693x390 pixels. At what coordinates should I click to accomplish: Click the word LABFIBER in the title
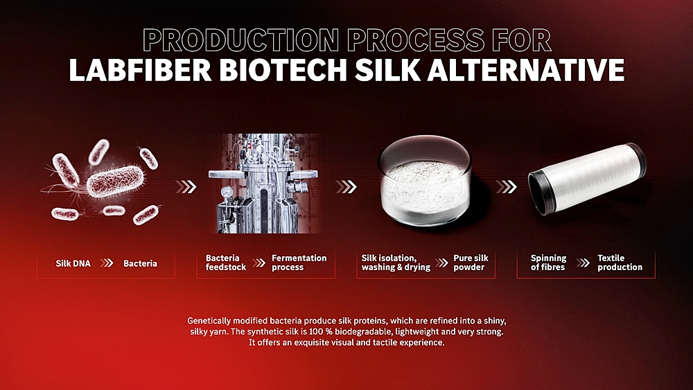[x=141, y=70]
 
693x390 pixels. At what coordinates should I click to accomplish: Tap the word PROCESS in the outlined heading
[x=415, y=40]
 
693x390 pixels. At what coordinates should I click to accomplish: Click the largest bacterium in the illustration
[x=115, y=181]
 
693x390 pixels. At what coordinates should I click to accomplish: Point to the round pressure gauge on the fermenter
[x=227, y=192]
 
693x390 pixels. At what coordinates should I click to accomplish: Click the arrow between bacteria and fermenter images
[x=186, y=187]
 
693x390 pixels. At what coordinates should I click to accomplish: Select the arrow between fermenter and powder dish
[x=346, y=187]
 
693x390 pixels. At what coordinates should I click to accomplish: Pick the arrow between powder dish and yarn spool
[x=506, y=187]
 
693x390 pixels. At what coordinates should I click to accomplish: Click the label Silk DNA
[x=73, y=264]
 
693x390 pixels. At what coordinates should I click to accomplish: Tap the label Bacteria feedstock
[x=226, y=263]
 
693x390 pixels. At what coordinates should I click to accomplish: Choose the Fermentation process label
[x=299, y=263]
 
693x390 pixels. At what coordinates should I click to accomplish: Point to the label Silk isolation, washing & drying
[x=396, y=263]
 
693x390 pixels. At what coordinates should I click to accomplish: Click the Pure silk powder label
[x=471, y=263]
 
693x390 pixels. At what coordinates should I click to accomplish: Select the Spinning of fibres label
[x=548, y=263]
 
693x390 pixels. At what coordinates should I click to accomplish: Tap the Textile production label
[x=620, y=263]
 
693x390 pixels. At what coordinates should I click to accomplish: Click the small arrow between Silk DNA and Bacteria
[x=107, y=263]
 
